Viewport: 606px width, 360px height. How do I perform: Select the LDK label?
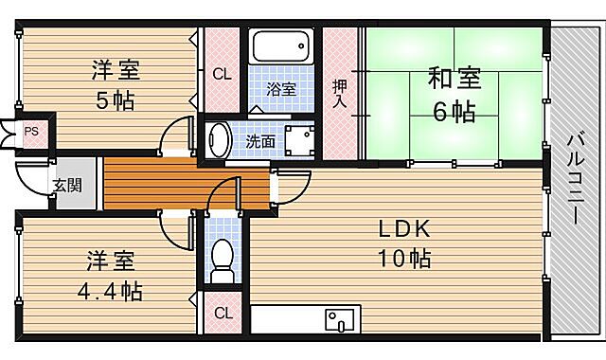[405, 228]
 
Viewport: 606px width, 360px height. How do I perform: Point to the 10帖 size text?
[405, 258]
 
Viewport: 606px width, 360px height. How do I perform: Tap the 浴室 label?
[280, 90]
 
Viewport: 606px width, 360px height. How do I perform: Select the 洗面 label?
[261, 141]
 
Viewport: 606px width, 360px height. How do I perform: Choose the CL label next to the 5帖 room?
[221, 74]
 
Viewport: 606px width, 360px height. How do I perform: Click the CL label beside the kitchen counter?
[221, 313]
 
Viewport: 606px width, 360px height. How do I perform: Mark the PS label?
[31, 131]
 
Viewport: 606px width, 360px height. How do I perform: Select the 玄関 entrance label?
[66, 186]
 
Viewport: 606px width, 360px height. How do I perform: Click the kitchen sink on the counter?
[337, 319]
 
